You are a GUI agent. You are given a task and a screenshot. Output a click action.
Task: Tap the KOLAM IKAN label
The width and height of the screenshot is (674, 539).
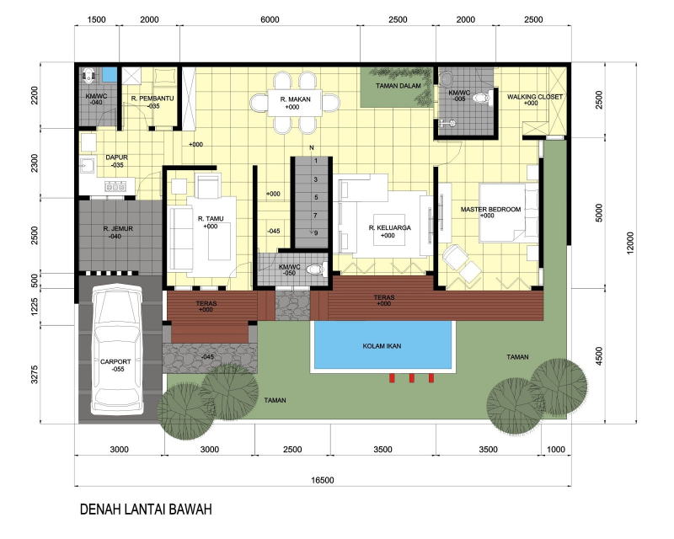pyautogui.click(x=382, y=346)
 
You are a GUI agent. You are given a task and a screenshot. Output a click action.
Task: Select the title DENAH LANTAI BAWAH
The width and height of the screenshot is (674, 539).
pyautogui.click(x=144, y=510)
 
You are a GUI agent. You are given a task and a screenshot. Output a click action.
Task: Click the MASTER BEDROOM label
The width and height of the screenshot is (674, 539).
pyautogui.click(x=490, y=209)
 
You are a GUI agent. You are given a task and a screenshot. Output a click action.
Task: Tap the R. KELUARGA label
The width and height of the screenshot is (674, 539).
pyautogui.click(x=388, y=228)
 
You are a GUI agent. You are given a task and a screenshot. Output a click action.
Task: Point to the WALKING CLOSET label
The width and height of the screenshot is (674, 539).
pyautogui.click(x=534, y=97)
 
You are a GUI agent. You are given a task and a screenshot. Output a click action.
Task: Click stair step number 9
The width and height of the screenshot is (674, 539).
pyautogui.click(x=315, y=232)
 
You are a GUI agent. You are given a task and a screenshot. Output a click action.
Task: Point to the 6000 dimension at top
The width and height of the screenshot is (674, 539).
pyautogui.click(x=270, y=20)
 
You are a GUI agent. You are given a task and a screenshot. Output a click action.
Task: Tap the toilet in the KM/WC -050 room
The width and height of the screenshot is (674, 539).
pyautogui.click(x=314, y=270)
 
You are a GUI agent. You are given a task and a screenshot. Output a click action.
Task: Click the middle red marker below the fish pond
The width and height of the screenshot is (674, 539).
pyautogui.click(x=410, y=378)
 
